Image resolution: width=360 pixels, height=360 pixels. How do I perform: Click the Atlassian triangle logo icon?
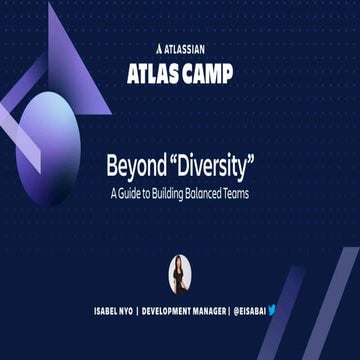pos(160,46)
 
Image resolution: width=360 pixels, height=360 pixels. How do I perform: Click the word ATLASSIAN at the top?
pos(186,46)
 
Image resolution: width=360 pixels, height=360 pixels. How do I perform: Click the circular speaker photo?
pos(180,271)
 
